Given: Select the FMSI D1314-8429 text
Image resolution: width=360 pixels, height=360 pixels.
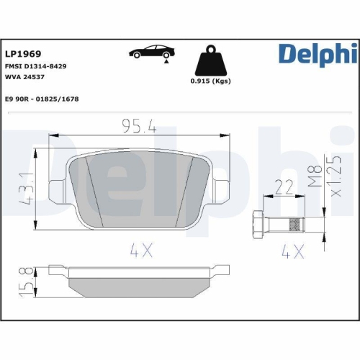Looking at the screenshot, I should click(35, 66).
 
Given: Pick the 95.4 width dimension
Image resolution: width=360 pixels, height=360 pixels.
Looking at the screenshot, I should click(138, 127).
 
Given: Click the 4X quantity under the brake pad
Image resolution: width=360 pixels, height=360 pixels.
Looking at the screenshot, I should click(143, 252).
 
